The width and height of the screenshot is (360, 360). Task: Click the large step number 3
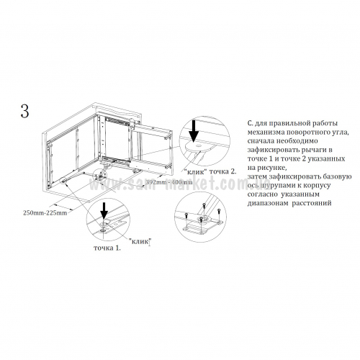25,111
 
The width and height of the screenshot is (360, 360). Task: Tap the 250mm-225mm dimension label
45,212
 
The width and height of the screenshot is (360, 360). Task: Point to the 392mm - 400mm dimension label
169,182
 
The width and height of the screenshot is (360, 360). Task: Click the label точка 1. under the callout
107,248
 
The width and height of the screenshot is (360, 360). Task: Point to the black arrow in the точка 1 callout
104,210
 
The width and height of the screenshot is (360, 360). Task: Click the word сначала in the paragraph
261,141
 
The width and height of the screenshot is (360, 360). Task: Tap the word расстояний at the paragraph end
312,203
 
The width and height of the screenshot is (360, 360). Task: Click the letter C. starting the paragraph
250,123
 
